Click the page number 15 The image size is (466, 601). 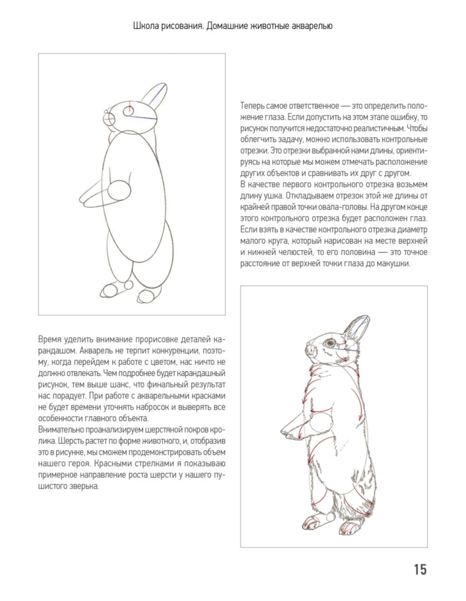coord(419,569)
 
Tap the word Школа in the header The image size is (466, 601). coord(144,26)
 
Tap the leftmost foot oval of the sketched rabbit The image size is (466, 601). coord(111,290)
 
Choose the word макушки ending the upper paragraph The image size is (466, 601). coord(395,264)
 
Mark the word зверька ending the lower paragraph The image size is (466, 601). coord(82,486)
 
